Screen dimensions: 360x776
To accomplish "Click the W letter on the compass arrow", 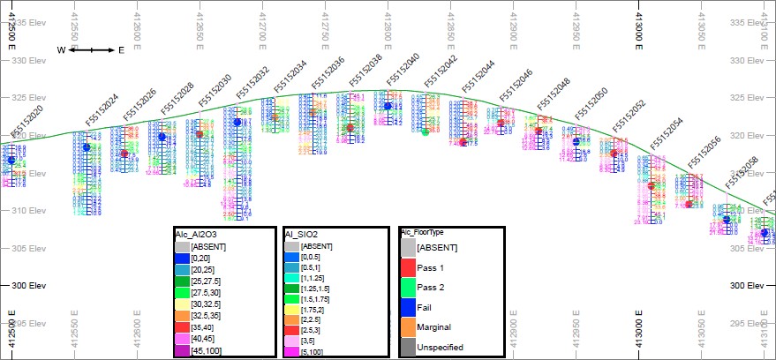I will click(62, 50).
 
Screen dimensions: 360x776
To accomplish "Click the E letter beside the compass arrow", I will click(121, 50).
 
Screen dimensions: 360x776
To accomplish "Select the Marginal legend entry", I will click(433, 327).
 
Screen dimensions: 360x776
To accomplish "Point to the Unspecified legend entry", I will click(440, 348).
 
